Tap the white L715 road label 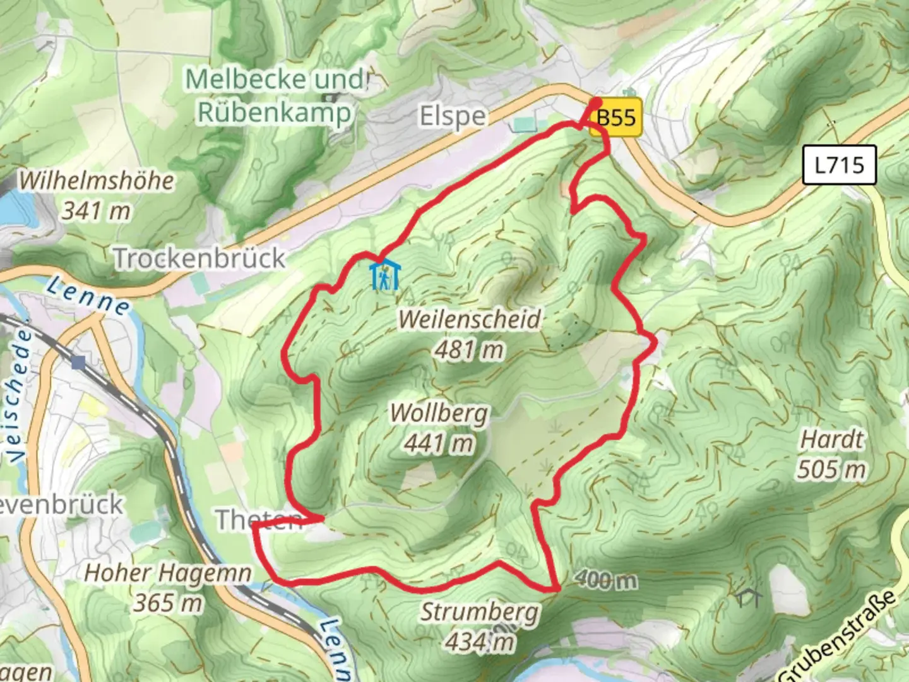839,165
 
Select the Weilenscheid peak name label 470,319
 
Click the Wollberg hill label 439,414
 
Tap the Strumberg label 480,612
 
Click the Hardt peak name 831,439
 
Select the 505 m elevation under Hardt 831,469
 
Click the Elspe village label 453,117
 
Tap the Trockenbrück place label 199,258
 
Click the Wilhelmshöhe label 96,181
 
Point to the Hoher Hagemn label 168,573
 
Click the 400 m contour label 606,580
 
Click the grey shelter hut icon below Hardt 747,597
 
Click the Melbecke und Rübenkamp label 275,96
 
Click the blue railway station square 78,362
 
